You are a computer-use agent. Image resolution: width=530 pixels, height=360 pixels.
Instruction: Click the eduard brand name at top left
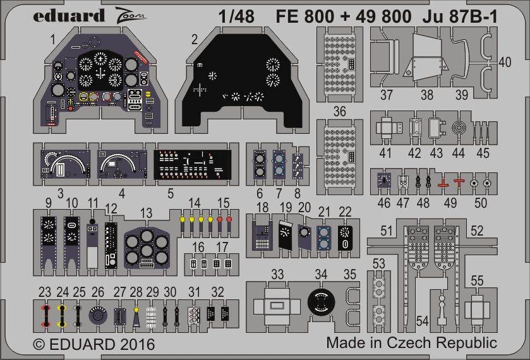(x=55, y=16)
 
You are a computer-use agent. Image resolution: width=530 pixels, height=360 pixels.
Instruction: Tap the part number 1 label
(x=54, y=40)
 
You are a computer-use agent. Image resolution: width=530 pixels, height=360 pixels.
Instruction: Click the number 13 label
(x=146, y=212)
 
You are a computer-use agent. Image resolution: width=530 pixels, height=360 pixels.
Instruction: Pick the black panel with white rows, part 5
(x=193, y=165)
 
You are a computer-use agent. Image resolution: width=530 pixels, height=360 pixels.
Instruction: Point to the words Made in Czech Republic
(x=411, y=343)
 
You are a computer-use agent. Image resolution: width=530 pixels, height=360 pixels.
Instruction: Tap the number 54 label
(x=423, y=321)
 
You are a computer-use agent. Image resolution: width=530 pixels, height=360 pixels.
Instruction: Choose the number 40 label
(x=504, y=62)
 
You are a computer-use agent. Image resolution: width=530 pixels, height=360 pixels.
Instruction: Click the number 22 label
(x=345, y=211)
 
